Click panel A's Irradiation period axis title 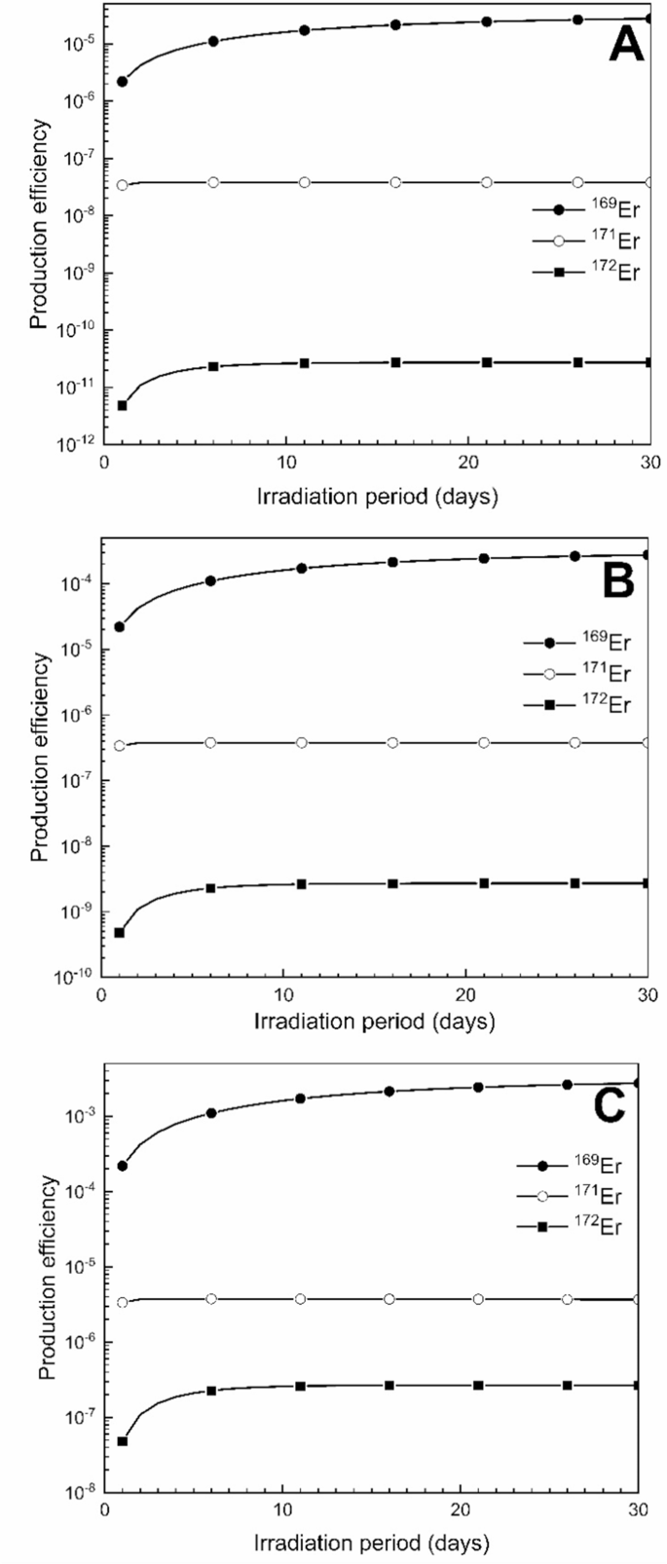pos(377,497)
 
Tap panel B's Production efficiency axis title pos(40,756)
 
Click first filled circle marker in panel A pos(122,81)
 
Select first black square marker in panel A pos(122,405)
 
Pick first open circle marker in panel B pos(119,746)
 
